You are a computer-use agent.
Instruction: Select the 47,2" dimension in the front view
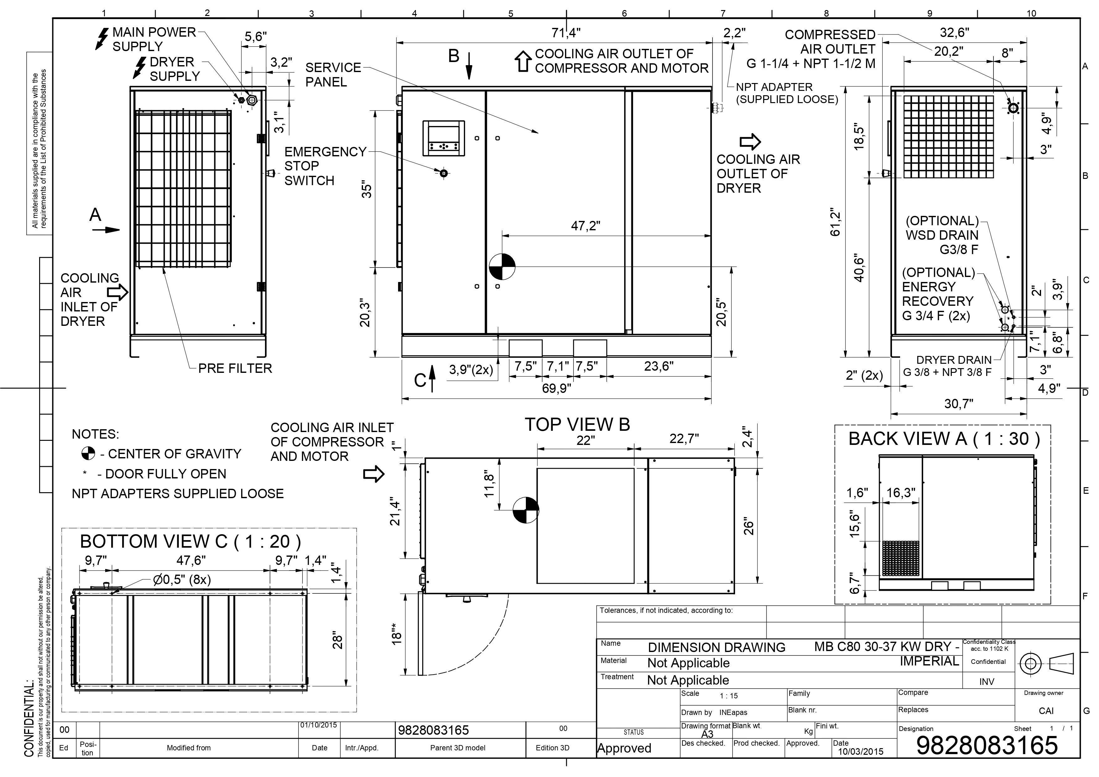(585, 226)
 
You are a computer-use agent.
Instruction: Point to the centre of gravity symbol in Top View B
(526, 510)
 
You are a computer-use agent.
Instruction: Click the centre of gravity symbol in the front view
(502, 267)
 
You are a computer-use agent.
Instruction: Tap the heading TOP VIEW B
(577, 425)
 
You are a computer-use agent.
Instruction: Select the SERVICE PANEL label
(333, 75)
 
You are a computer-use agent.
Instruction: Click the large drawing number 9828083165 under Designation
(987, 745)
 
